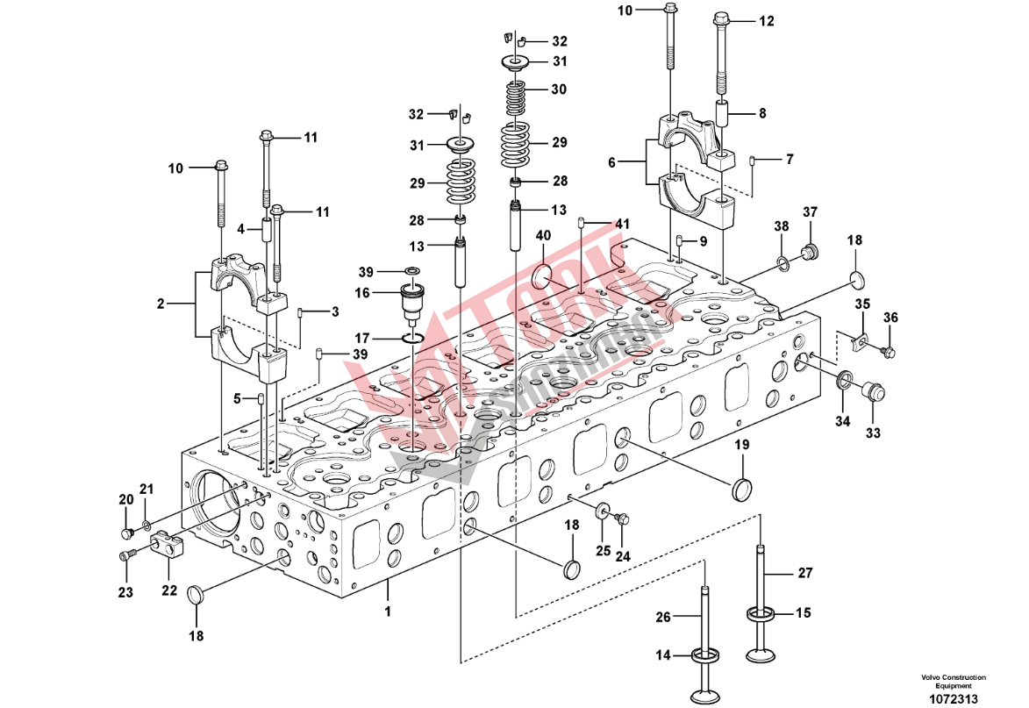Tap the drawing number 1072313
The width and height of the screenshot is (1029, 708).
[953, 699]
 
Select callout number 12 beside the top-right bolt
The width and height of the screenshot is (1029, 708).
[767, 21]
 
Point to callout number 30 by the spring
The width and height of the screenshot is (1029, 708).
[559, 89]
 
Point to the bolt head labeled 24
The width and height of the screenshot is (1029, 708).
[624, 518]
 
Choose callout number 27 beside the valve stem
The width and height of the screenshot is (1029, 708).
[804, 574]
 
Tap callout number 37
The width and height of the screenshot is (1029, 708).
[810, 211]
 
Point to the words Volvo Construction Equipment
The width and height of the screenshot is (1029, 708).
[953, 681]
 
